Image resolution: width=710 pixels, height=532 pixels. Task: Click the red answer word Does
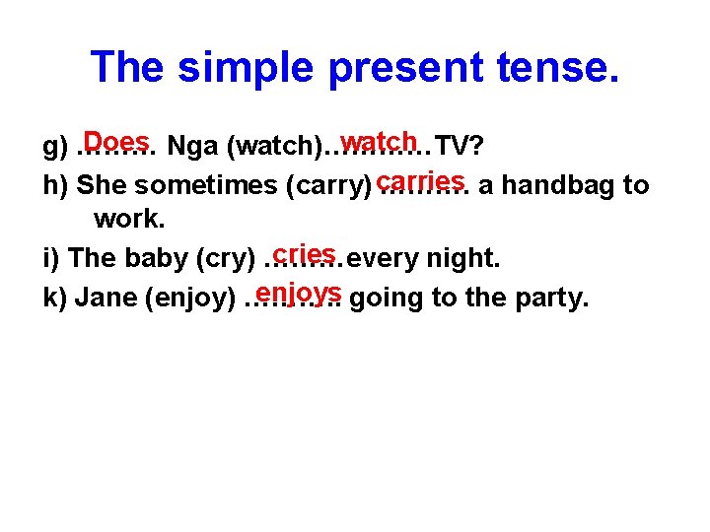pos(116,141)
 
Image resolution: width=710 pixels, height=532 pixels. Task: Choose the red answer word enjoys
pos(297,293)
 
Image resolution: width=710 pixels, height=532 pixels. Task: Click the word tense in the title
pos(550,66)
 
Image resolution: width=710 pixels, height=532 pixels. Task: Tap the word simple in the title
pos(246,66)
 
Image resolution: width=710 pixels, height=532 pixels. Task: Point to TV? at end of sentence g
pos(460,148)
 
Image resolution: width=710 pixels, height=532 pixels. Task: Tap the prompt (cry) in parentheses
pos(227,259)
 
